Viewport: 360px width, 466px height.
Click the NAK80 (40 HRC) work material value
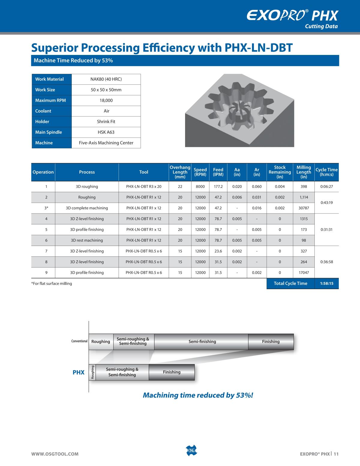(106, 79)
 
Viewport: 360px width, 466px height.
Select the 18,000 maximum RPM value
(106, 100)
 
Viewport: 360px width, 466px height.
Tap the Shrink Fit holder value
(106, 122)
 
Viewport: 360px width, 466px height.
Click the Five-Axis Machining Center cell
(106, 143)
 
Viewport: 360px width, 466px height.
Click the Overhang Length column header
(180, 172)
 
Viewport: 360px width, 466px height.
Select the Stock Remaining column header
(280, 172)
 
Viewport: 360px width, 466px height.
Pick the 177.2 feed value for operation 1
(218, 186)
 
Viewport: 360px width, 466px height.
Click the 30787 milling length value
(304, 208)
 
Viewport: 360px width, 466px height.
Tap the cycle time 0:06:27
(327, 186)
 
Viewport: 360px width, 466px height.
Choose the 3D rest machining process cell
(87, 240)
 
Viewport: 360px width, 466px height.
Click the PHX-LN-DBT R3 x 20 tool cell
(144, 186)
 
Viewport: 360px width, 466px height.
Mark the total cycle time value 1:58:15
(327, 283)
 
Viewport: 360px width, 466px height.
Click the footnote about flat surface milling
(52, 283)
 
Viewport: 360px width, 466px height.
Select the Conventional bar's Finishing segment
(271, 342)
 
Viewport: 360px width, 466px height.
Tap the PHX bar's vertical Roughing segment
(93, 372)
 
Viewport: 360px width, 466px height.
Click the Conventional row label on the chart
(79, 341)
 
